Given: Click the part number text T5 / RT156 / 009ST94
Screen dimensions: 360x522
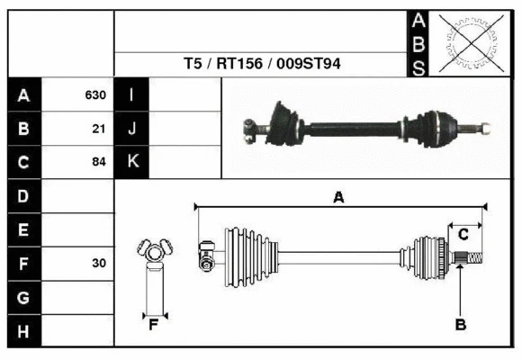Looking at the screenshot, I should pos(262,65).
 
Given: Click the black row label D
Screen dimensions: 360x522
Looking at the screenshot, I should pos(24,196).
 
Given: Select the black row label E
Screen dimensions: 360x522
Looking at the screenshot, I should pos(24,230).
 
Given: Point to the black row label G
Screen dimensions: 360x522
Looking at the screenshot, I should pos(24,297).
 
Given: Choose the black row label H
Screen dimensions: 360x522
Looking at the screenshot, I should pos(24,331).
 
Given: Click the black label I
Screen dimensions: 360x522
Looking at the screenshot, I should pos(131,95).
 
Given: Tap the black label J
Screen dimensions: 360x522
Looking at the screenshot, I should pos(131,129).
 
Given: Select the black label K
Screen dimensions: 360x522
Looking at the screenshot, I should pos(131,163).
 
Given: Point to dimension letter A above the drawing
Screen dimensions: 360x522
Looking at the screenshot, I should pos(338,197).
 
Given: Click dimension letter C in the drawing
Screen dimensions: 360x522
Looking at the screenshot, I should pos(463,235).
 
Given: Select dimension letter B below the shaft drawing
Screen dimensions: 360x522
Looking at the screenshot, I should pos(460,324).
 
